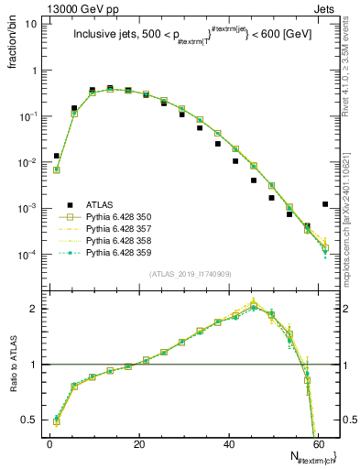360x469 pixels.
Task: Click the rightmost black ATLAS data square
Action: click(326, 204)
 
